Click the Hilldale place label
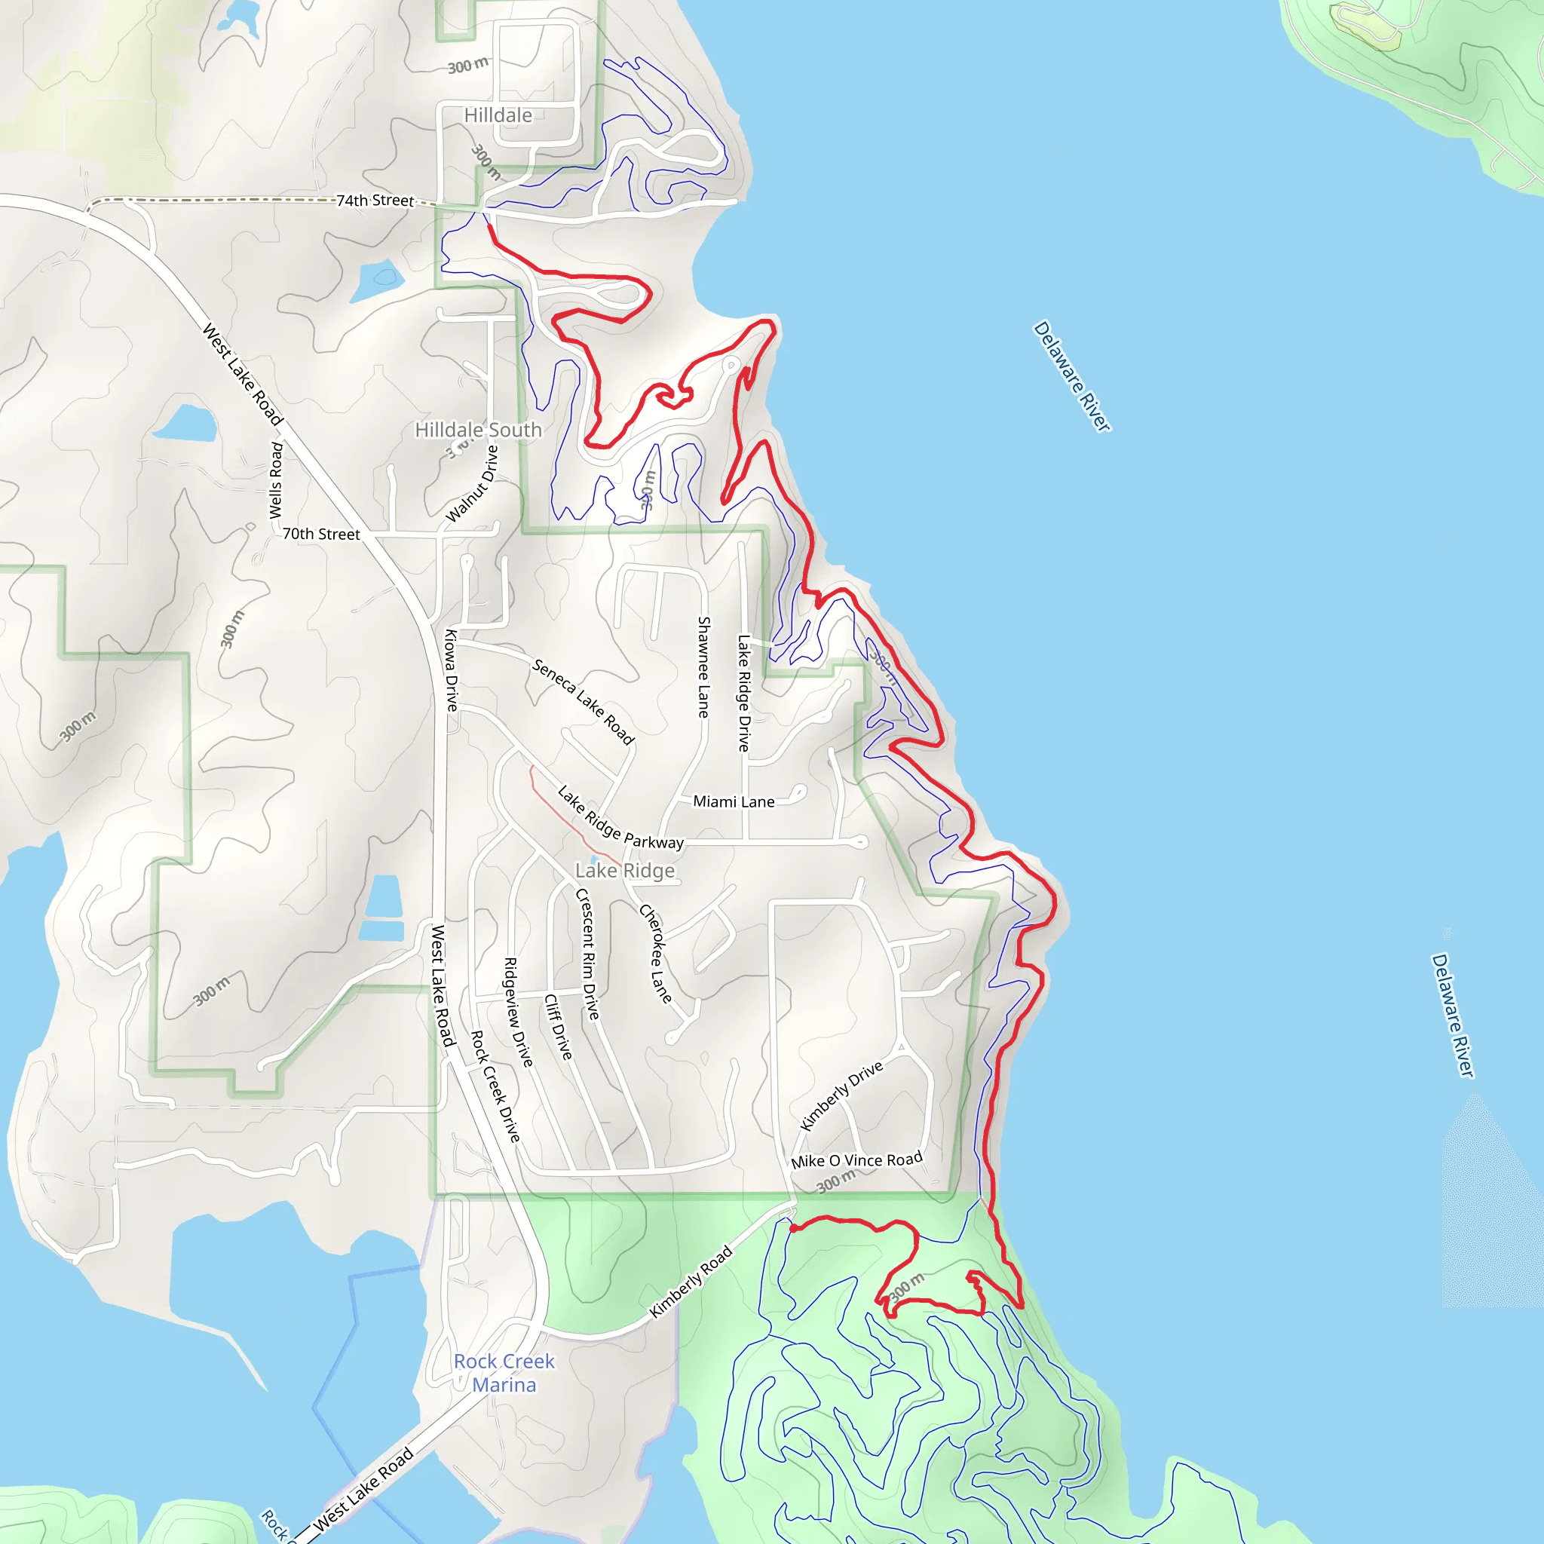click(498, 115)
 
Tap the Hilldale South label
click(478, 430)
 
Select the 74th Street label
click(375, 201)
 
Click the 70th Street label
click(321, 534)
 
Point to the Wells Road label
click(277, 480)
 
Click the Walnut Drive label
click(472, 484)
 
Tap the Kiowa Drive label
click(452, 670)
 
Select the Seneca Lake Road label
click(584, 702)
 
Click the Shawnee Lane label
click(704, 666)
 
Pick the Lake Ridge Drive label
click(744, 693)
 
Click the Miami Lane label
click(734, 801)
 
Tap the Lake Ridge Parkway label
click(620, 818)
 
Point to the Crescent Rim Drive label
click(587, 954)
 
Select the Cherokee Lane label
click(655, 954)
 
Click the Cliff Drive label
click(559, 1027)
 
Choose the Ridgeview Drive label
click(518, 1012)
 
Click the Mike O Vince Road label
click(856, 1160)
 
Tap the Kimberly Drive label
click(841, 1095)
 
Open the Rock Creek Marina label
click(504, 1373)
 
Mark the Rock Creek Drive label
click(495, 1086)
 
